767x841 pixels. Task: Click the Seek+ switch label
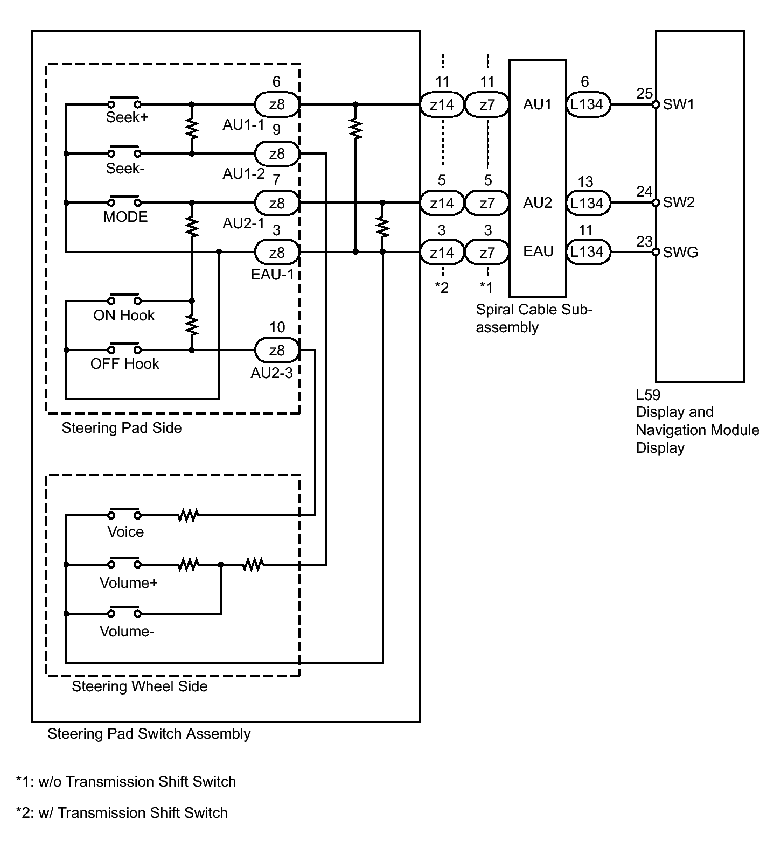(x=127, y=117)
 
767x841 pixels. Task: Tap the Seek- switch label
(x=125, y=169)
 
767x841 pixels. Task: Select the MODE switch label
(x=125, y=217)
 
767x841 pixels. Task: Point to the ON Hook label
(x=124, y=316)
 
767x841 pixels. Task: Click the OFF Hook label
(x=124, y=364)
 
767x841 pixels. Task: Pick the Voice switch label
(x=125, y=532)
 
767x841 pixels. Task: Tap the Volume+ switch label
(x=128, y=583)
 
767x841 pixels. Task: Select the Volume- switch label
(x=127, y=632)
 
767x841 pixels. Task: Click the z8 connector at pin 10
(x=276, y=351)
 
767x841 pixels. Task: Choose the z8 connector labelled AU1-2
(x=276, y=154)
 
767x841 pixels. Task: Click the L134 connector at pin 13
(x=587, y=203)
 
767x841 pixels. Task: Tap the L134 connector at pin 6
(x=587, y=104)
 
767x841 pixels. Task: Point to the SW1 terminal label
(x=679, y=104)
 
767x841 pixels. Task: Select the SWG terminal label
(x=680, y=252)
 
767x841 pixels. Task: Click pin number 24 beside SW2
(x=644, y=192)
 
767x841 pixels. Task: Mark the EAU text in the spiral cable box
(x=538, y=251)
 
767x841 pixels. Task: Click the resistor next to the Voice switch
(x=188, y=516)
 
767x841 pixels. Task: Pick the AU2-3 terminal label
(x=271, y=373)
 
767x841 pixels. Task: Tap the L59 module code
(x=648, y=395)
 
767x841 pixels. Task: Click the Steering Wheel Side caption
(x=140, y=686)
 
